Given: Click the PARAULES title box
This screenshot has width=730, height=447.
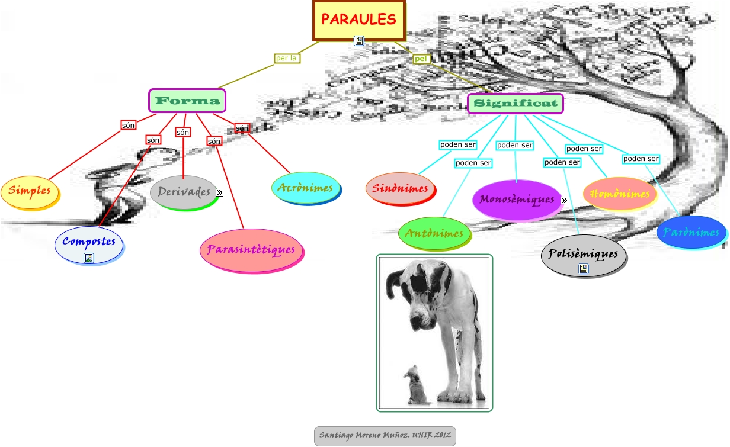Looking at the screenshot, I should (x=358, y=20).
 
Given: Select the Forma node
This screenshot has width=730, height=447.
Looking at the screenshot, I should (x=187, y=101).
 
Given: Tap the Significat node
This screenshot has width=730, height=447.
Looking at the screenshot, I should (x=515, y=104).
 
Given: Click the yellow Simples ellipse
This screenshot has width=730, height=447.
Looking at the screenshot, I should (x=30, y=191).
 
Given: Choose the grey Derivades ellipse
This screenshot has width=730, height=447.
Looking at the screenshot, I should (x=184, y=192).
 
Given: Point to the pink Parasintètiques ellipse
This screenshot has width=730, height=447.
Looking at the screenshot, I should (x=251, y=250).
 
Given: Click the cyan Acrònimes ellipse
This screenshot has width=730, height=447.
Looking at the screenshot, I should (x=305, y=188).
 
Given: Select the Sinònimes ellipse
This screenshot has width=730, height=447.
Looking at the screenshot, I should (x=400, y=189).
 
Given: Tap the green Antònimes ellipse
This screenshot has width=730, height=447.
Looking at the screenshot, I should (x=434, y=233).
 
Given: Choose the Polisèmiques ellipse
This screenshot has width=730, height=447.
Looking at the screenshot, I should (x=583, y=255).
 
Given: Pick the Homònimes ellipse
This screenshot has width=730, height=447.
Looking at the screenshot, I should (x=620, y=194).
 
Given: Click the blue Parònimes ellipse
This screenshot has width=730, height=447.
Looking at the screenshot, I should (x=691, y=232).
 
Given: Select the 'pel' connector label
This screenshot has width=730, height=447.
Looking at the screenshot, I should (x=421, y=59).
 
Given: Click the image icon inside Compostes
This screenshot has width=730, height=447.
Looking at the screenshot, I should (x=89, y=258).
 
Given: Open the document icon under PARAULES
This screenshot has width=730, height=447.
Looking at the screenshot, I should (x=359, y=41).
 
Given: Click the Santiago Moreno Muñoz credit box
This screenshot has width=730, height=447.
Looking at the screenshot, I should (x=385, y=436).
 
